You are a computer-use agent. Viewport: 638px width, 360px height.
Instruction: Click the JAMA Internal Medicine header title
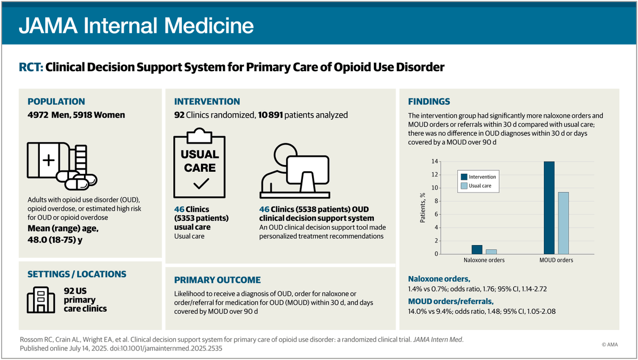pos(136,25)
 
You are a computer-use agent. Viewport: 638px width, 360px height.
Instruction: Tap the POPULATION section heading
pos(56,102)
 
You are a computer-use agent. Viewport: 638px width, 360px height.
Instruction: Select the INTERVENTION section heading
pos(207,102)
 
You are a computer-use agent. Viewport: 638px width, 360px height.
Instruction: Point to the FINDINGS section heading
pos(429,102)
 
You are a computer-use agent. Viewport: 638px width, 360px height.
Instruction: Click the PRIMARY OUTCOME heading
pos(217,280)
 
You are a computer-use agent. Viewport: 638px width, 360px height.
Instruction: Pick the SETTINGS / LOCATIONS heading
pos(77,274)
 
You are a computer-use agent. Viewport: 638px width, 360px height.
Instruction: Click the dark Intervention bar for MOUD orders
pos(549,207)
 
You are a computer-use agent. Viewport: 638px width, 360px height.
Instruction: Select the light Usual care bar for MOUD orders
pos(564,223)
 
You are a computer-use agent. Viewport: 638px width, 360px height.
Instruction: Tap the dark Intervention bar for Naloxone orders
pos(477,249)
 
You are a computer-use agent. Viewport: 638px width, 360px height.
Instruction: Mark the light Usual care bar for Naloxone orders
pos(491,252)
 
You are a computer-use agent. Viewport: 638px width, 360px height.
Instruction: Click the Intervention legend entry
pos(478,177)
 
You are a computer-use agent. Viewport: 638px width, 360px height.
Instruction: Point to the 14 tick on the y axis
pos(435,161)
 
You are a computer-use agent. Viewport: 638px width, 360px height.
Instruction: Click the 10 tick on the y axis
pos(435,188)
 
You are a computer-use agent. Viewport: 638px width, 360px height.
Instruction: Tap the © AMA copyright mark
pos(611,345)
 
